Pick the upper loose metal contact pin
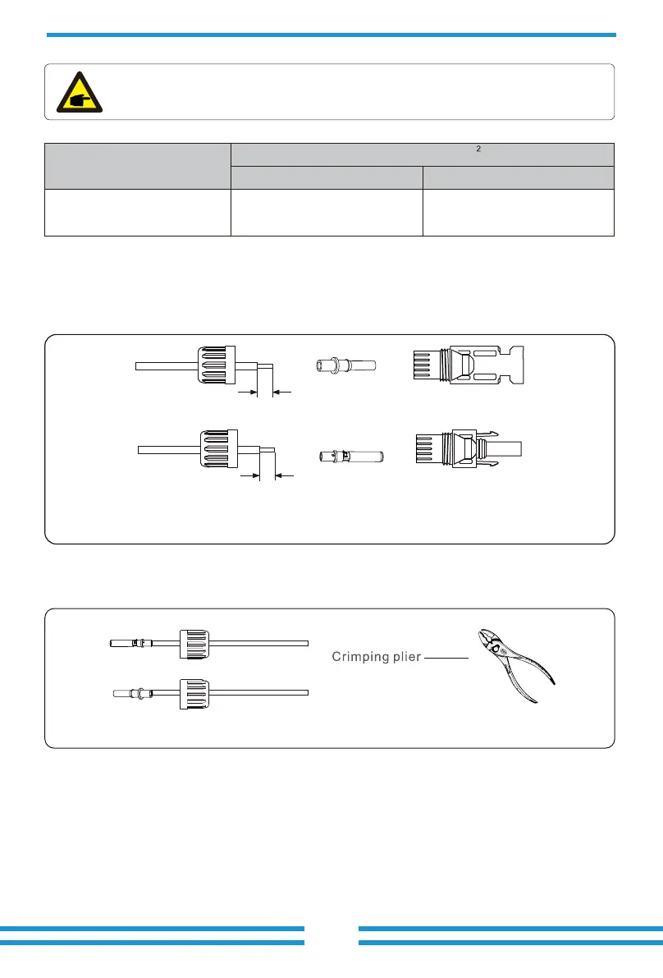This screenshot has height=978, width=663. point(345,365)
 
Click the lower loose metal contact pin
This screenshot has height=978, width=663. point(350,455)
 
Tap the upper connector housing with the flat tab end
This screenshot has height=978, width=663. point(468,365)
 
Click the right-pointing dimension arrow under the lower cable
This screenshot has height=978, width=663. point(249,475)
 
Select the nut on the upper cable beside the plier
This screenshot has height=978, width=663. point(194,643)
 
